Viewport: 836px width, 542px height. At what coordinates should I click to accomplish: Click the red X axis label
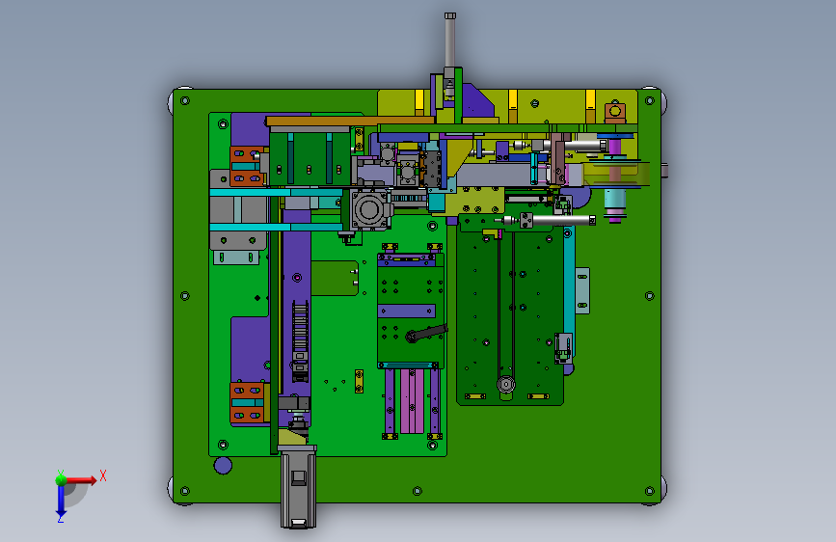(x=103, y=475)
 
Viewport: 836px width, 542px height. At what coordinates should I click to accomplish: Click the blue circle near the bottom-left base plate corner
(x=223, y=465)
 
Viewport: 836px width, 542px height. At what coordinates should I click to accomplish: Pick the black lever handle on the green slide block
(x=426, y=334)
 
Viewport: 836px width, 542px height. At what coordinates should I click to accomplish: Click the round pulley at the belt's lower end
(x=506, y=384)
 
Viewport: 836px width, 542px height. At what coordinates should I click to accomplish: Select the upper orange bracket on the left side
(x=247, y=165)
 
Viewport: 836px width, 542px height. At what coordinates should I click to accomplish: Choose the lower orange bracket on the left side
(x=247, y=403)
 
